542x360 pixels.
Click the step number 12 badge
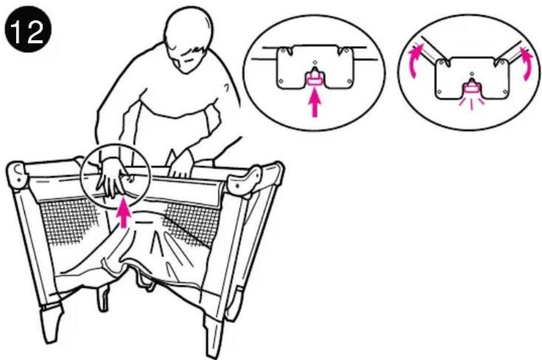(28, 30)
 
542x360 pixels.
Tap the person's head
(188, 39)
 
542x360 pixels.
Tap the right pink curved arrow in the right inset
(527, 62)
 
